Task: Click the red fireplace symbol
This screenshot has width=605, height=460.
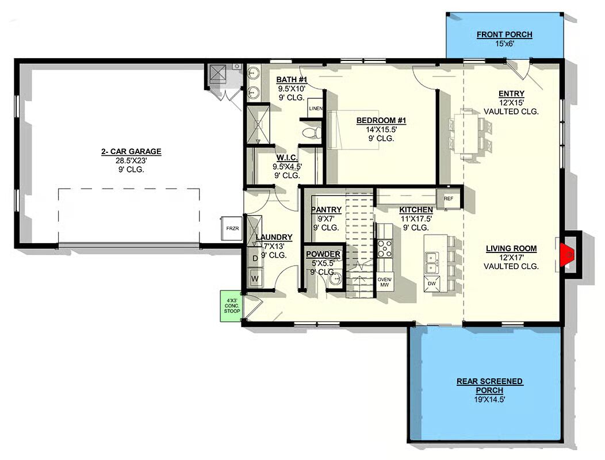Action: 567,255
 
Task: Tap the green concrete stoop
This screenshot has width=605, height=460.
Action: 232,306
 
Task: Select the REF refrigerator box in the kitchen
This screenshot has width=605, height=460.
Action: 449,199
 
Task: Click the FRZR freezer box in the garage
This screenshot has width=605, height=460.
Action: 232,228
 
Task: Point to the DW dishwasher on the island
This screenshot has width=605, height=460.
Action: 432,283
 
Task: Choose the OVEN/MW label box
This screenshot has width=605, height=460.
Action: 385,282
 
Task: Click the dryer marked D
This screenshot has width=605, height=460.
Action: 255,258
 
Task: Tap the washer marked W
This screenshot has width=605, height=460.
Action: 255,278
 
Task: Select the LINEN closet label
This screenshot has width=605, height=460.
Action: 315,109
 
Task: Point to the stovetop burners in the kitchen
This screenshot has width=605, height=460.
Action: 385,248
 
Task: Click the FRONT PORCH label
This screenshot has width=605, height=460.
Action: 504,34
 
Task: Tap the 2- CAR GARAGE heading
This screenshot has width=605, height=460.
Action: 131,152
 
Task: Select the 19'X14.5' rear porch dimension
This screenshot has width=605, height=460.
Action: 489,400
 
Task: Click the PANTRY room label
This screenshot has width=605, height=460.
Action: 326,209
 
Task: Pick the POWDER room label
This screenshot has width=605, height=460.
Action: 323,254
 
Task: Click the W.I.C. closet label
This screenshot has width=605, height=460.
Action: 287,158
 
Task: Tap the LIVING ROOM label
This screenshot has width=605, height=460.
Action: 511,248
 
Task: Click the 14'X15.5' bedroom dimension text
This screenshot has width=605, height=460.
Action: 381,130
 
